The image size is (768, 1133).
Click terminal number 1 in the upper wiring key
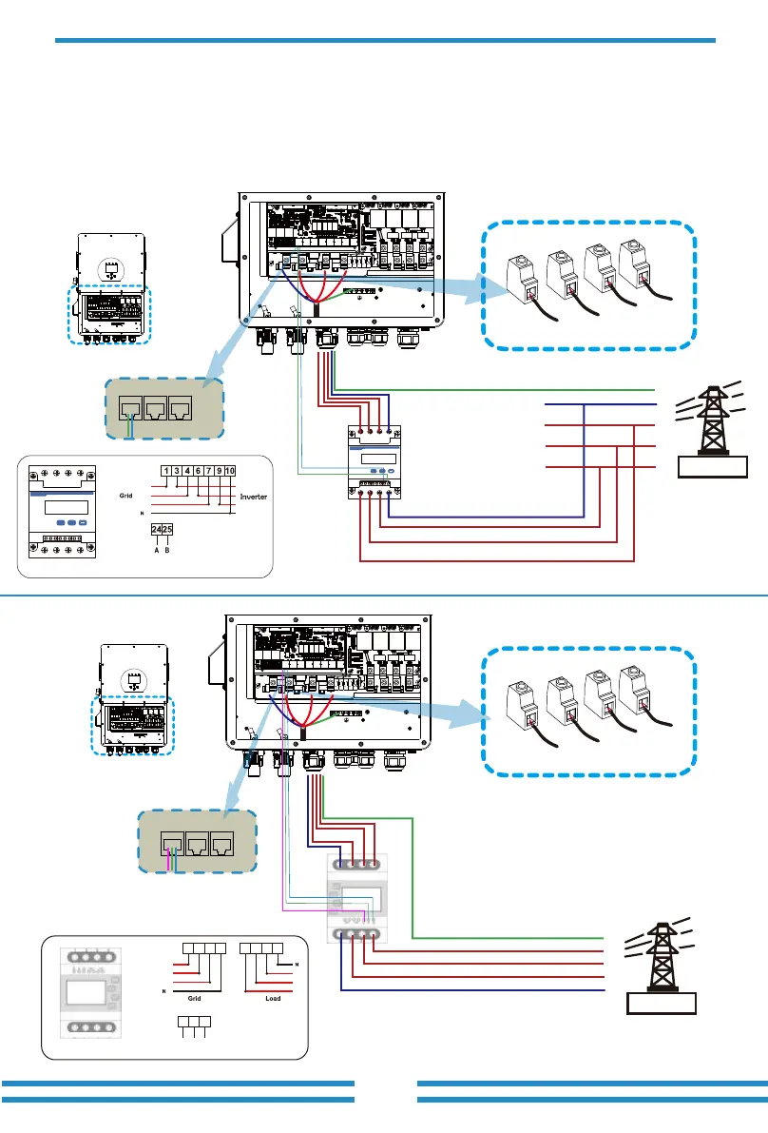pyautogui.click(x=166, y=470)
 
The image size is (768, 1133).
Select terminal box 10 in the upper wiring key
pyautogui.click(x=230, y=470)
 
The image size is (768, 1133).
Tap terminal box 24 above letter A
pyautogui.click(x=157, y=529)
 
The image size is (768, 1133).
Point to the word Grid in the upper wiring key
pyautogui.click(x=125, y=496)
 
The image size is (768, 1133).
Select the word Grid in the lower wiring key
pyautogui.click(x=194, y=999)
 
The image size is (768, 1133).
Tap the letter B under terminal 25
pyautogui.click(x=168, y=548)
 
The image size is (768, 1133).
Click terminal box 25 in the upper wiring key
pyautogui.click(x=168, y=529)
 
